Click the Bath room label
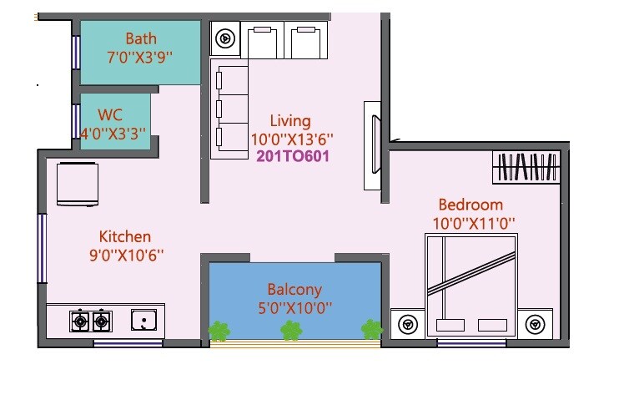pos(141,38)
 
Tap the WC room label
pos(110,114)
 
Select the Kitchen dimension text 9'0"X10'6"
pos(125,256)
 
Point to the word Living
pos(289,121)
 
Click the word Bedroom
pos(471,205)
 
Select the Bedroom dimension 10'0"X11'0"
pos(473,224)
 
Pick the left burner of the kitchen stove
pos(81,320)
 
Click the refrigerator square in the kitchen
pos(78,184)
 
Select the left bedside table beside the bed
pos(408,323)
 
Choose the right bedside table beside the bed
pos(534,323)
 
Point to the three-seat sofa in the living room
pos(230,109)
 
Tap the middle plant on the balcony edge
pos(290,331)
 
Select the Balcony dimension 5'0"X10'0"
pos(295,307)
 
